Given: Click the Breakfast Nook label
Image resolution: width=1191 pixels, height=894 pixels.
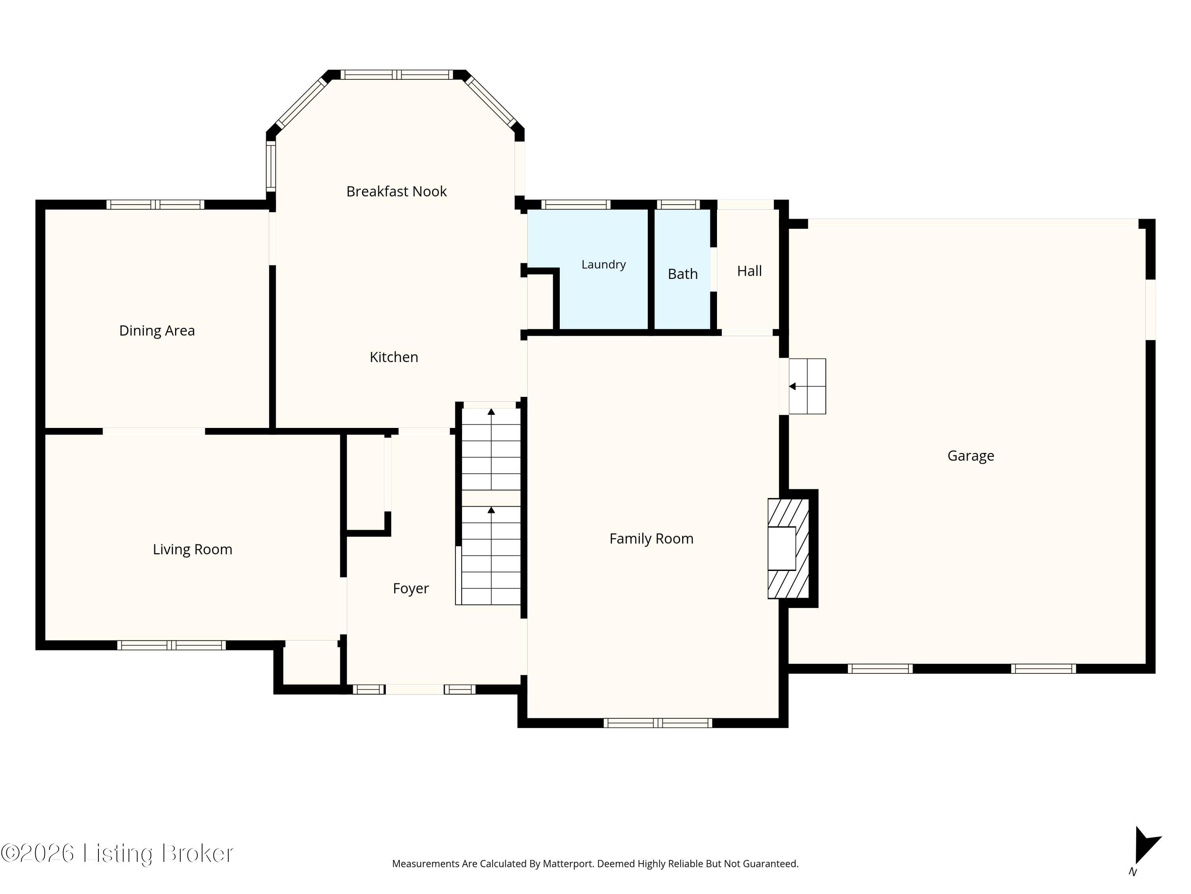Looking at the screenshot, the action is [x=396, y=191].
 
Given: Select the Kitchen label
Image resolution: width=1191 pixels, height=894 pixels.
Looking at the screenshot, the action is [x=393, y=357].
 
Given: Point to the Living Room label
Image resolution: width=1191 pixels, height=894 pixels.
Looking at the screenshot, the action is [x=192, y=550].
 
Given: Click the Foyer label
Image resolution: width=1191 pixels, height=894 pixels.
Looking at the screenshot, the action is [x=411, y=588].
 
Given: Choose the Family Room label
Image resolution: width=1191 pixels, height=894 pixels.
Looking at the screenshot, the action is [x=651, y=538].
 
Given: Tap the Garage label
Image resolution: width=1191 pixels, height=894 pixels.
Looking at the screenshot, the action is [x=971, y=456].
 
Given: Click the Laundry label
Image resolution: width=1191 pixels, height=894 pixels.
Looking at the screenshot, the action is [x=603, y=265].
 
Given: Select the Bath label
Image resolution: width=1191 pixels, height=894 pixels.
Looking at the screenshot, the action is [x=683, y=274].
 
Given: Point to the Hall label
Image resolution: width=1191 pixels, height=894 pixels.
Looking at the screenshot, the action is [x=750, y=271].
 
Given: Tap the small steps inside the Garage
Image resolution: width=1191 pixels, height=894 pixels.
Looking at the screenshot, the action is [x=807, y=386].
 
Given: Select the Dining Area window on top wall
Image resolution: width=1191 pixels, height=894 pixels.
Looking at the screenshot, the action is [x=155, y=205].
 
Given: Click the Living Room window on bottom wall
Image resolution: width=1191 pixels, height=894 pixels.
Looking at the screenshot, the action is [x=171, y=645].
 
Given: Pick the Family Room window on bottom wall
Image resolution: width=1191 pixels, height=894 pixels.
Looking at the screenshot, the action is [x=657, y=723].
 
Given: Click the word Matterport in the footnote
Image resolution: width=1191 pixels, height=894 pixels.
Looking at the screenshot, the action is [x=567, y=864].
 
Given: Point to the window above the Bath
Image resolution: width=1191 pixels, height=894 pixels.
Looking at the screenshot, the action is [x=678, y=205].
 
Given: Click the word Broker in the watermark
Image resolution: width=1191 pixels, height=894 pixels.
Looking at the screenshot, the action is [x=198, y=853].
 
